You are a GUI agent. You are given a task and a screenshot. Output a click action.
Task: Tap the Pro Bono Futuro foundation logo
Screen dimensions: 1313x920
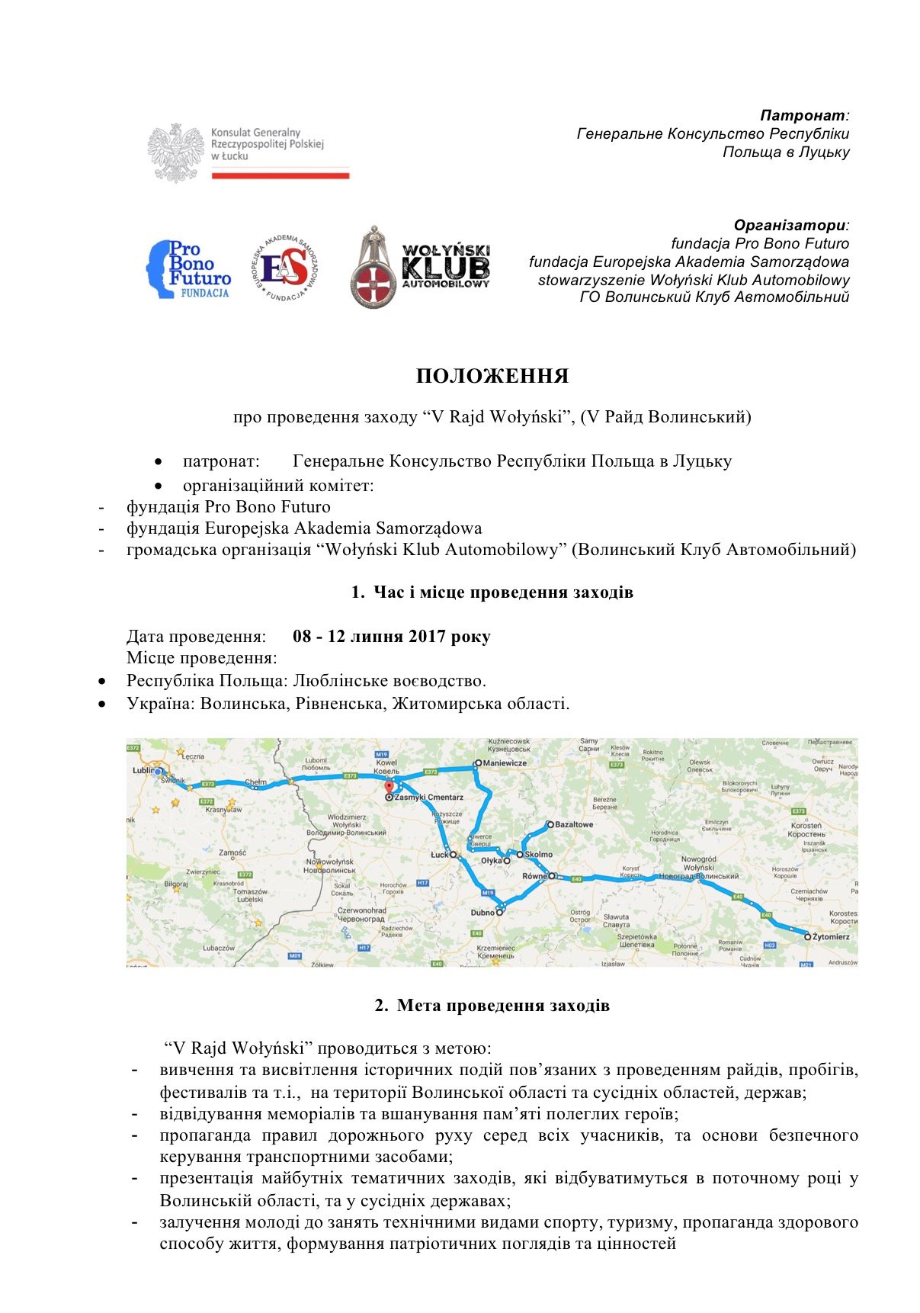188,269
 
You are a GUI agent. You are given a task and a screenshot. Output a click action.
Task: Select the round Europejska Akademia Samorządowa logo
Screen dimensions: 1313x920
284,267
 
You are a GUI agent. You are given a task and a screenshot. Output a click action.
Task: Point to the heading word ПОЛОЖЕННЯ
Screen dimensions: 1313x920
492,377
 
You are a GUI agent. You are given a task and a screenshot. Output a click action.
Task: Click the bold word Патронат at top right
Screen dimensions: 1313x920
803,116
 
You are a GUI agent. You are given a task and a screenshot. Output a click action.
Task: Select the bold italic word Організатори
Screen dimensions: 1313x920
790,226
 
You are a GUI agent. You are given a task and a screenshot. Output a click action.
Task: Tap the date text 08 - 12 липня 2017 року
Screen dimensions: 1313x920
391,637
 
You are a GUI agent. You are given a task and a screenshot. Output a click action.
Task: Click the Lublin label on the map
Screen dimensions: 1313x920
143,770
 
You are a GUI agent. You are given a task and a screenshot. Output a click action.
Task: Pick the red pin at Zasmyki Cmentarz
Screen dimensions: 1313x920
389,788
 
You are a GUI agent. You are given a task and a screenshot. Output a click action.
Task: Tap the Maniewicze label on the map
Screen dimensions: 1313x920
505,762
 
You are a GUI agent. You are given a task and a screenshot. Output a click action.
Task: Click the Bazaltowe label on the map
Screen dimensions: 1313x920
573,824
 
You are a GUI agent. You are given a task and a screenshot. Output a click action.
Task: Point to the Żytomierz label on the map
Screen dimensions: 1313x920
831,936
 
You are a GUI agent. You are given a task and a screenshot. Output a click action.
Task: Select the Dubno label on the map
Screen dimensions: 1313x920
482,913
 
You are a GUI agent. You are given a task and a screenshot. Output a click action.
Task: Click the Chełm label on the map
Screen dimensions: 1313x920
255,782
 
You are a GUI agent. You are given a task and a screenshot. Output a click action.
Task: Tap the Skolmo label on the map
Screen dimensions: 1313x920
538,854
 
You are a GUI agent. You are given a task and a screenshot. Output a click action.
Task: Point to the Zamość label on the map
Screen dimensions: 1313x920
232,853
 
